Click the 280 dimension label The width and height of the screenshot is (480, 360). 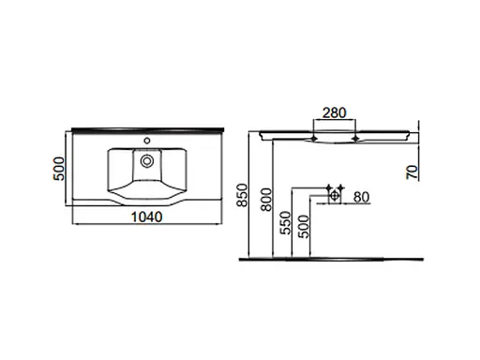pos(334,113)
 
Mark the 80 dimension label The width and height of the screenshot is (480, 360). pos(362,197)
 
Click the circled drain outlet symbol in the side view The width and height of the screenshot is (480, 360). pos(334,196)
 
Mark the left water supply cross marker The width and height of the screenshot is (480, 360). pos(328,187)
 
